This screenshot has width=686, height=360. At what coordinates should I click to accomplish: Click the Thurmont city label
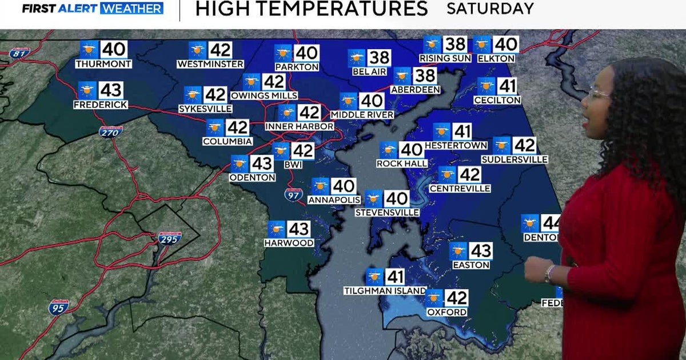pos(103,64)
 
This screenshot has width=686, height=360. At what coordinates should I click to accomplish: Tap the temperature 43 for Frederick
pos(111,90)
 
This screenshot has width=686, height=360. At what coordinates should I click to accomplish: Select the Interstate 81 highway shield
pos(19,53)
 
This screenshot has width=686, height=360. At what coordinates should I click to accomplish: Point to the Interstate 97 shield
pos(292,195)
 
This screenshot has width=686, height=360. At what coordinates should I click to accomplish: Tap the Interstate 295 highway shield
pos(170,238)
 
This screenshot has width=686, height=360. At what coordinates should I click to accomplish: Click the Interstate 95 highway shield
pos(59,307)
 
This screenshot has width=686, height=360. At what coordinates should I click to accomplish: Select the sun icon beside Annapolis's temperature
pos(320,186)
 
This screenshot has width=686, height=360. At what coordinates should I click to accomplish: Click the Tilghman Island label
pos(385,291)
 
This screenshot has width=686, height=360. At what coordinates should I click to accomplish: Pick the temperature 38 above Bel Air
pos(380,58)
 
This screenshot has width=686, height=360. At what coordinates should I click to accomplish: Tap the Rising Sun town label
pos(445,58)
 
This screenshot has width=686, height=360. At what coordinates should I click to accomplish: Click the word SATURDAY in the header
pos(490,9)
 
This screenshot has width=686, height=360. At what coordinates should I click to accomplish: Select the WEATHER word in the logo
pos(131,9)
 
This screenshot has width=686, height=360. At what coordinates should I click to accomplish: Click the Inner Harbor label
pos(300,126)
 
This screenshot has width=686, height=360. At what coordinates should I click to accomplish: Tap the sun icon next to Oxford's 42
pos(434,298)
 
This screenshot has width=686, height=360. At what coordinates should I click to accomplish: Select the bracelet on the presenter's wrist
pos(549,274)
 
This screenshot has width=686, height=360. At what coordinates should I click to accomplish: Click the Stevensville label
pos(387,213)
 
